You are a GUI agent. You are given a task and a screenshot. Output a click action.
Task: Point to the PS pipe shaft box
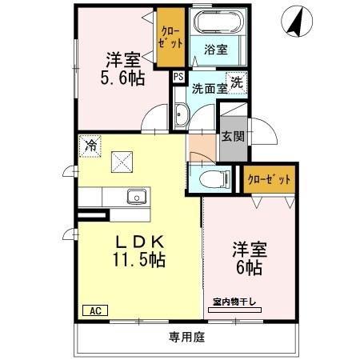178,76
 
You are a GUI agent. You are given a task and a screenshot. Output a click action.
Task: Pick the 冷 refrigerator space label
91,146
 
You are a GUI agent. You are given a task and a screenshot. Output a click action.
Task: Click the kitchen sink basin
136,196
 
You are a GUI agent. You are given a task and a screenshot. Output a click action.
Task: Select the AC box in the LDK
93,310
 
